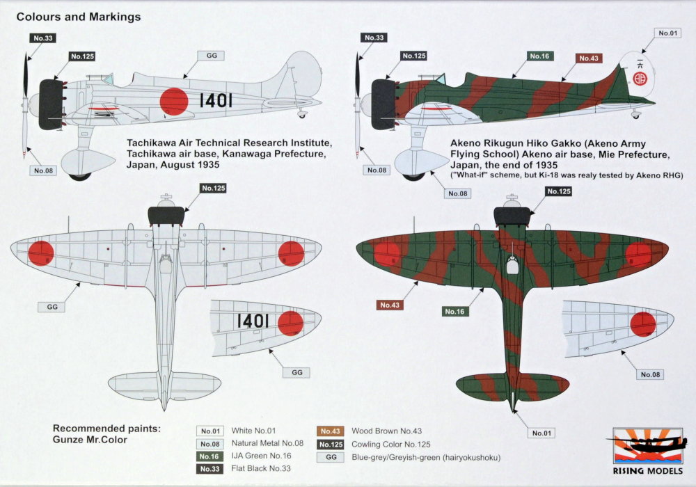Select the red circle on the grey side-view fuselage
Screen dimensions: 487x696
(173, 102)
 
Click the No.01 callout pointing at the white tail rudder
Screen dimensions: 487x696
(667, 33)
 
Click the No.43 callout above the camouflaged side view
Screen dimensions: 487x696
(588, 58)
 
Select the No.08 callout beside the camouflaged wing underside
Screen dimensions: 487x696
(650, 375)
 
